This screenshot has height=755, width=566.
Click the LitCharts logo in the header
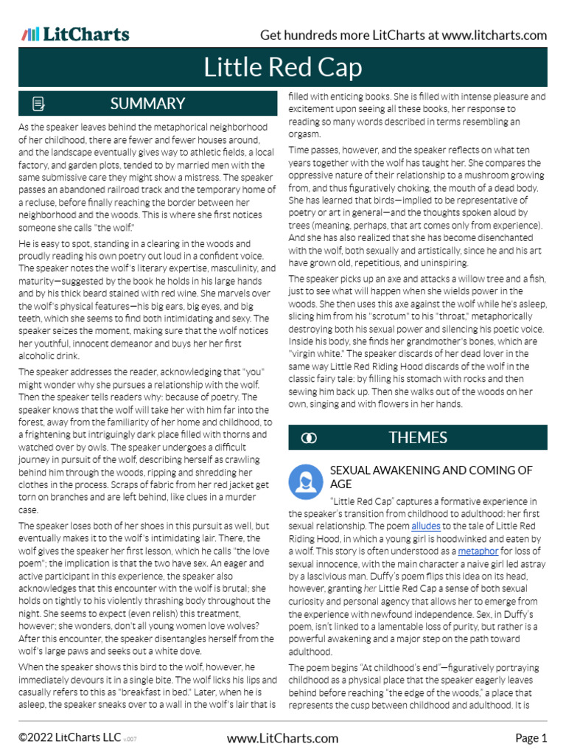(x=75, y=35)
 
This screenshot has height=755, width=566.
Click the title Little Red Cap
(x=283, y=68)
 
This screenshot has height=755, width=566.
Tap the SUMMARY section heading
(x=147, y=103)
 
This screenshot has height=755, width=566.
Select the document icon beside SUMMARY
(x=39, y=103)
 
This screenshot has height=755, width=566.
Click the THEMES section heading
(x=417, y=437)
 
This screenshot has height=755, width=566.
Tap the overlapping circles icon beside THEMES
(x=310, y=438)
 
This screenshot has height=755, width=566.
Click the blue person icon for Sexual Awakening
(x=304, y=480)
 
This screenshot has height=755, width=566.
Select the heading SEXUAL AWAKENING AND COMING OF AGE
(x=430, y=477)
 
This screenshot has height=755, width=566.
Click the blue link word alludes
(x=427, y=526)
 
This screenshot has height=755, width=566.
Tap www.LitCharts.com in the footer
(x=283, y=738)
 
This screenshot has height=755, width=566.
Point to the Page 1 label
(x=531, y=738)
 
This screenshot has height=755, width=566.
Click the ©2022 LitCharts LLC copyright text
(x=69, y=738)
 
